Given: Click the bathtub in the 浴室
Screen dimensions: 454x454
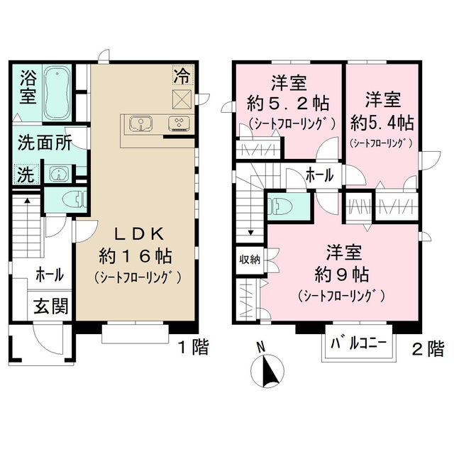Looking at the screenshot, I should point(56,94).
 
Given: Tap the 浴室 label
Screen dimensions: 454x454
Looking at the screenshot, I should point(27,85).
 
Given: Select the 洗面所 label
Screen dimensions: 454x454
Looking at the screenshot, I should point(44,143).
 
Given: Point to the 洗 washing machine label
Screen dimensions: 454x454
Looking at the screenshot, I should point(26,175).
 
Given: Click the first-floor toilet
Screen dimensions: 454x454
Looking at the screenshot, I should point(71,199).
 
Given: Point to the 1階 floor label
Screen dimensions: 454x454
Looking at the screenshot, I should point(193,348).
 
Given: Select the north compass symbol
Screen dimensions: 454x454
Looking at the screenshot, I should point(268,367).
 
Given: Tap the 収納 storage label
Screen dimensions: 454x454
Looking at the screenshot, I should point(249,259).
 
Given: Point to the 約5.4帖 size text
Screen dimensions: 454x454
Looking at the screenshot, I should point(382,121).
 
